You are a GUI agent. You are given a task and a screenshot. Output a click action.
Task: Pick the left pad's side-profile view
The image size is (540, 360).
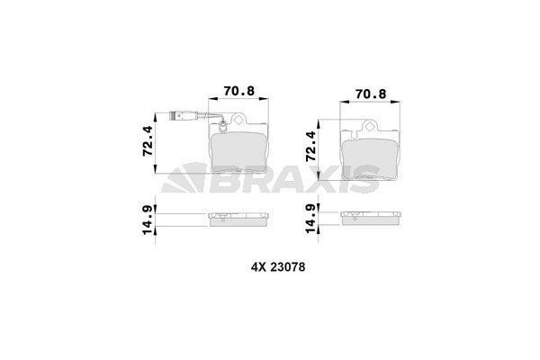pos(240,220)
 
